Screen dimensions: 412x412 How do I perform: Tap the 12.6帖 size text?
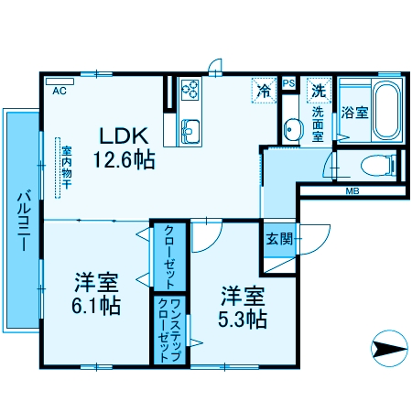point(123,158)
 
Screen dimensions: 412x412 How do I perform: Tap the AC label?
point(60,91)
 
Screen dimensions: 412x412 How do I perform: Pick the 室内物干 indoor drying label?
point(66,166)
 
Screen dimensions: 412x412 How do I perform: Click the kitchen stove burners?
point(190,90)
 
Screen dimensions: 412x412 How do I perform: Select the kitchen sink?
point(190,130)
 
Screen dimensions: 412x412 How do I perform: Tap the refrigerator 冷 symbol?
point(264,90)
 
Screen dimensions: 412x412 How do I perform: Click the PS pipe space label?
point(288,84)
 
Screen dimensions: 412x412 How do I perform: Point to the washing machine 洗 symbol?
point(318,91)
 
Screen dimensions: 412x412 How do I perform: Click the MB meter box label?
point(351,192)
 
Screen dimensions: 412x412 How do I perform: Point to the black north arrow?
point(389,349)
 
